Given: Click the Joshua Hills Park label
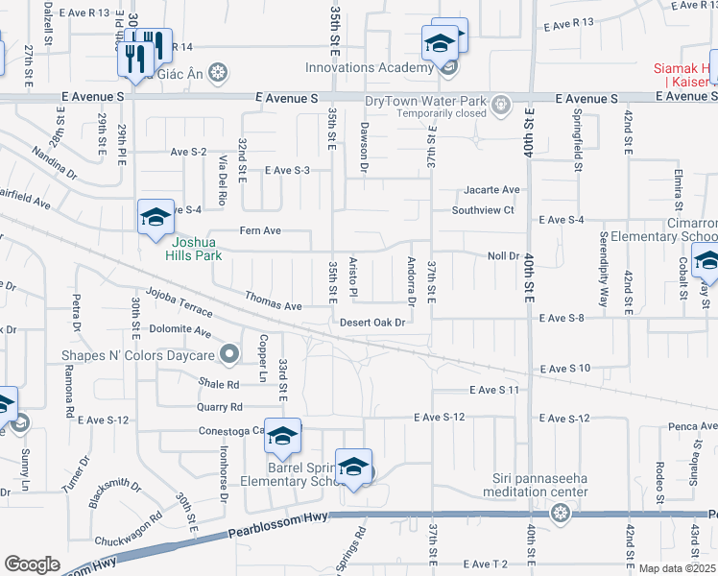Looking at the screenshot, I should point(191,249).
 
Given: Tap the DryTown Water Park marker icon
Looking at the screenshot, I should point(499,104).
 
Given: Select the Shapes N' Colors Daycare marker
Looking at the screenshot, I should point(228,355).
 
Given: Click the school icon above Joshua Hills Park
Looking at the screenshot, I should point(155,218).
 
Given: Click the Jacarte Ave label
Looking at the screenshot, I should point(491,190).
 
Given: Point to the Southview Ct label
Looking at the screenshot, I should point(484,210).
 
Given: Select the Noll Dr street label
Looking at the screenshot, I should point(503,256).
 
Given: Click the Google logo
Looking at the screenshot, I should point(32,564).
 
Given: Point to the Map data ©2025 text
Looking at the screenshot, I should point(677,568).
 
